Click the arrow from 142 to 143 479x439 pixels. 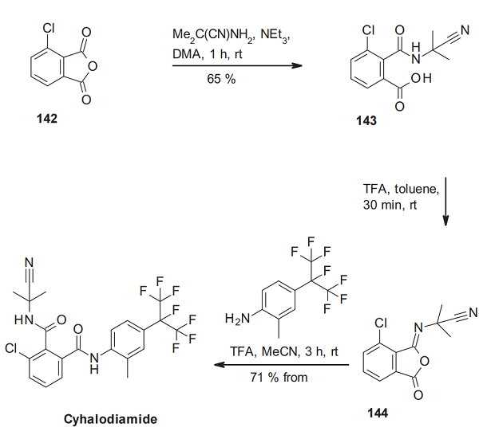point(236,65)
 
